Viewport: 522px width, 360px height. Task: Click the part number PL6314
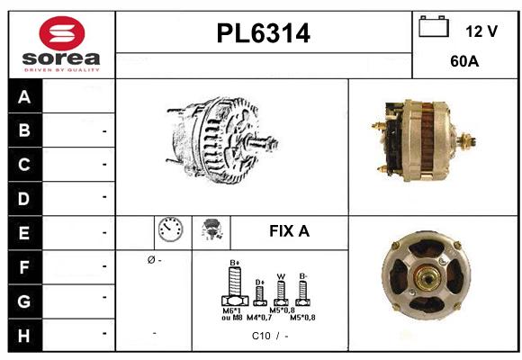tap(264, 34)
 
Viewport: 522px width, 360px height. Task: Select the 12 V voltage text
tap(481, 31)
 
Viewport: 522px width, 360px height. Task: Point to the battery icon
tap(434, 28)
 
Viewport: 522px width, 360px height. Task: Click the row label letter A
tap(24, 97)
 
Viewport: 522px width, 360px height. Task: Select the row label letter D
tap(24, 196)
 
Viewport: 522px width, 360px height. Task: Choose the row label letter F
tap(24, 266)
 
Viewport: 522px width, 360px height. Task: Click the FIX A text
tap(289, 231)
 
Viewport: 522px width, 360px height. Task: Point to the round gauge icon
tap(169, 231)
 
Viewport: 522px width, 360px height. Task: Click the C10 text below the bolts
tap(261, 336)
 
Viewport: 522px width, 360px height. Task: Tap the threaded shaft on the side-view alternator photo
tap(468, 139)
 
